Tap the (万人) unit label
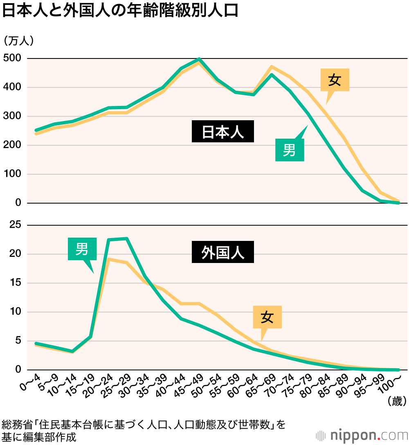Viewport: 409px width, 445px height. pyautogui.click(x=19, y=40)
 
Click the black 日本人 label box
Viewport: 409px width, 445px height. pyautogui.click(x=223, y=131)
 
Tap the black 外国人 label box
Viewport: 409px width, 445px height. pyautogui.click(x=223, y=252)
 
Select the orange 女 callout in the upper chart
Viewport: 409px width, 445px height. pyautogui.click(x=335, y=80)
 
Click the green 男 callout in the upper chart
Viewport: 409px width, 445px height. pyautogui.click(x=289, y=150)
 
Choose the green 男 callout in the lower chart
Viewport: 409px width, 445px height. pyautogui.click(x=82, y=249)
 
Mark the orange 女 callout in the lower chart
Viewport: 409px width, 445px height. pyautogui.click(x=267, y=317)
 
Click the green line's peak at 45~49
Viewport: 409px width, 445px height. pyautogui.click(x=199, y=59)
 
